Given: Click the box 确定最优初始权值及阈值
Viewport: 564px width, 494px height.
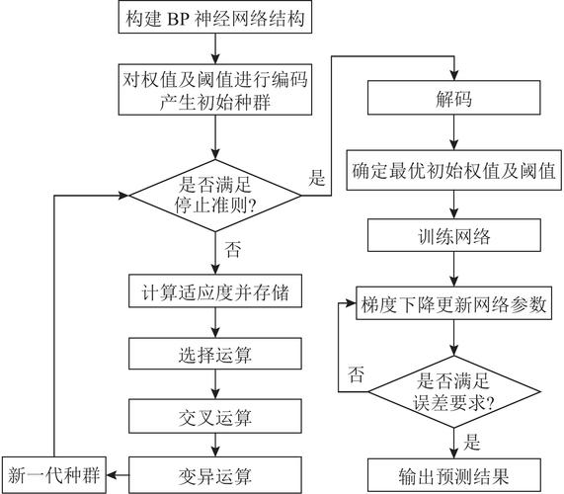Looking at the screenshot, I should [x=454, y=170].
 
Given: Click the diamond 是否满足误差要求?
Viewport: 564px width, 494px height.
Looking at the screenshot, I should [x=454, y=391].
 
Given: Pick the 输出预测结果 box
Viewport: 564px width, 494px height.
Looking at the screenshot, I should [x=454, y=472].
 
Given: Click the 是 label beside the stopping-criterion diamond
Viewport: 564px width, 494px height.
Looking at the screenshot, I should [x=317, y=179].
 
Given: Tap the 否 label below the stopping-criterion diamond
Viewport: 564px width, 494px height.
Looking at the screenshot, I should [x=235, y=251].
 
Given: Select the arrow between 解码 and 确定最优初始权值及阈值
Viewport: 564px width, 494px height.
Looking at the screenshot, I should [x=454, y=135].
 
